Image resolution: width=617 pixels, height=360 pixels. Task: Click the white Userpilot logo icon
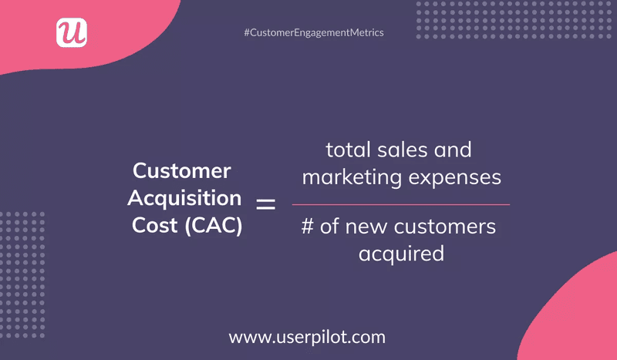click(x=72, y=32)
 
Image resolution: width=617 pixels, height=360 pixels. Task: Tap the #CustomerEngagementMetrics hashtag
click(x=313, y=32)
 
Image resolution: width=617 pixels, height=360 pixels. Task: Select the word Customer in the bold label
click(x=182, y=170)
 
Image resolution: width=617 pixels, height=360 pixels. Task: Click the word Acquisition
click(x=184, y=198)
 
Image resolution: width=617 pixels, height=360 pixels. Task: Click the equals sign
click(x=265, y=204)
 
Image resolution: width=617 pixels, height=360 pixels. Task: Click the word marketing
click(x=352, y=177)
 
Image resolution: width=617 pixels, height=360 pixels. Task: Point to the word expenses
click(x=455, y=177)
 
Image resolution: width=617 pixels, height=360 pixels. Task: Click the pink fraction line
click(x=400, y=204)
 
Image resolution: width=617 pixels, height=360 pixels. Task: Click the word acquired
click(x=401, y=253)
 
